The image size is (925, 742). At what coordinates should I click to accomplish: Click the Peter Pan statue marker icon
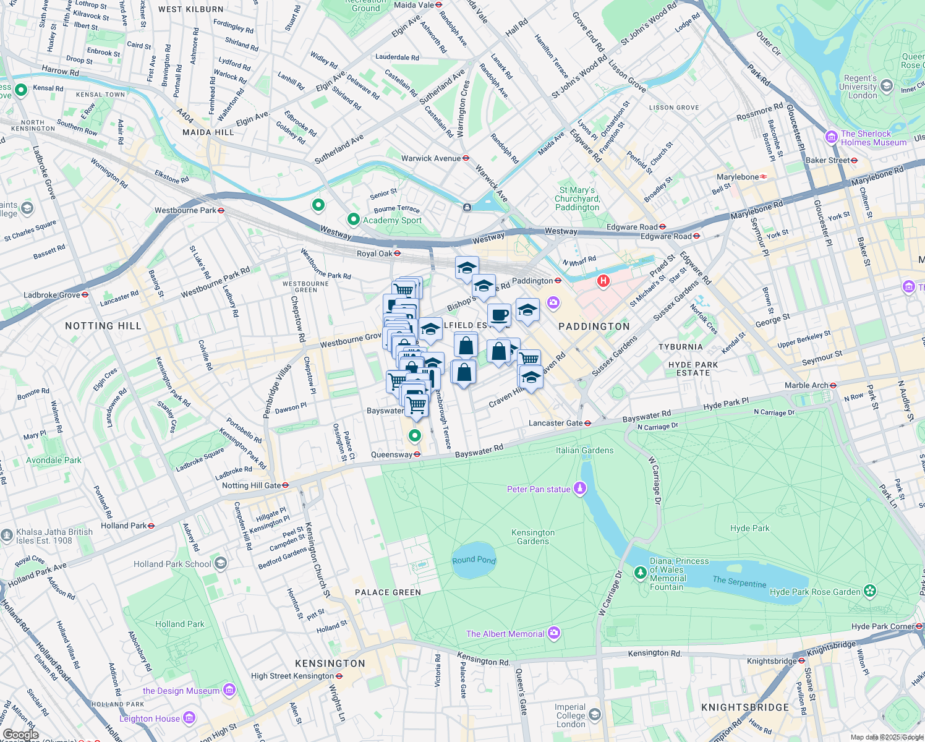pos(579,488)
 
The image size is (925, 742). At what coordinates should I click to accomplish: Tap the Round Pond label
pos(474,560)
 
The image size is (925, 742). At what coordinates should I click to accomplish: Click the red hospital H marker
pos(603,282)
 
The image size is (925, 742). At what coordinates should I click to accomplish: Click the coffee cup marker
pos(500,315)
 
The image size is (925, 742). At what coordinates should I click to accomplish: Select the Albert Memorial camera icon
pos(553,633)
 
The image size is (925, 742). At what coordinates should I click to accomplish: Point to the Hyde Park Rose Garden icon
pos(870,591)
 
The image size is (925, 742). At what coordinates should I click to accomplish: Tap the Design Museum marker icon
pos(229,689)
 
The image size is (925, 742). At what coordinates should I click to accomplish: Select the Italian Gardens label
pos(584,450)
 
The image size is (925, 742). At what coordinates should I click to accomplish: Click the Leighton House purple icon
pos(189,718)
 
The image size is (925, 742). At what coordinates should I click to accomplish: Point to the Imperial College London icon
pos(595,715)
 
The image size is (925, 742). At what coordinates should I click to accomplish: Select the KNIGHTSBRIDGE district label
pos(745,707)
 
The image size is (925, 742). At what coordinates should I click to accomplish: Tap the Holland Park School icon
pos(221,563)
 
